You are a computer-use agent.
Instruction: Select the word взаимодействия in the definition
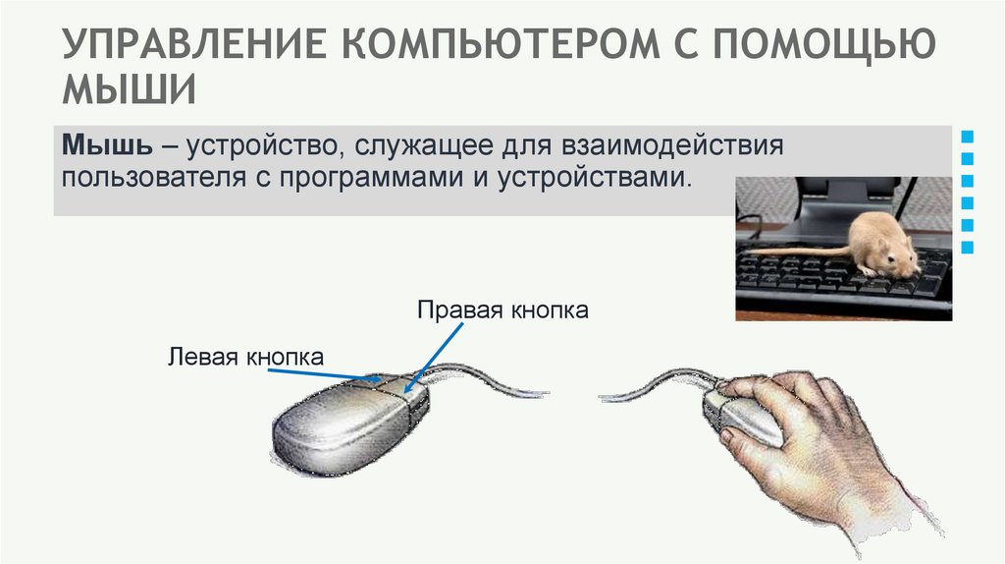click(x=673, y=146)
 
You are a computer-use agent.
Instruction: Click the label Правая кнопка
click(x=502, y=310)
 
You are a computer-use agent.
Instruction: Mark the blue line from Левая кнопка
click(x=324, y=372)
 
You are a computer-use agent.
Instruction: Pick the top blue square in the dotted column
click(x=968, y=135)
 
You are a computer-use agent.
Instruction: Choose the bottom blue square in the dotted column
click(x=968, y=249)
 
